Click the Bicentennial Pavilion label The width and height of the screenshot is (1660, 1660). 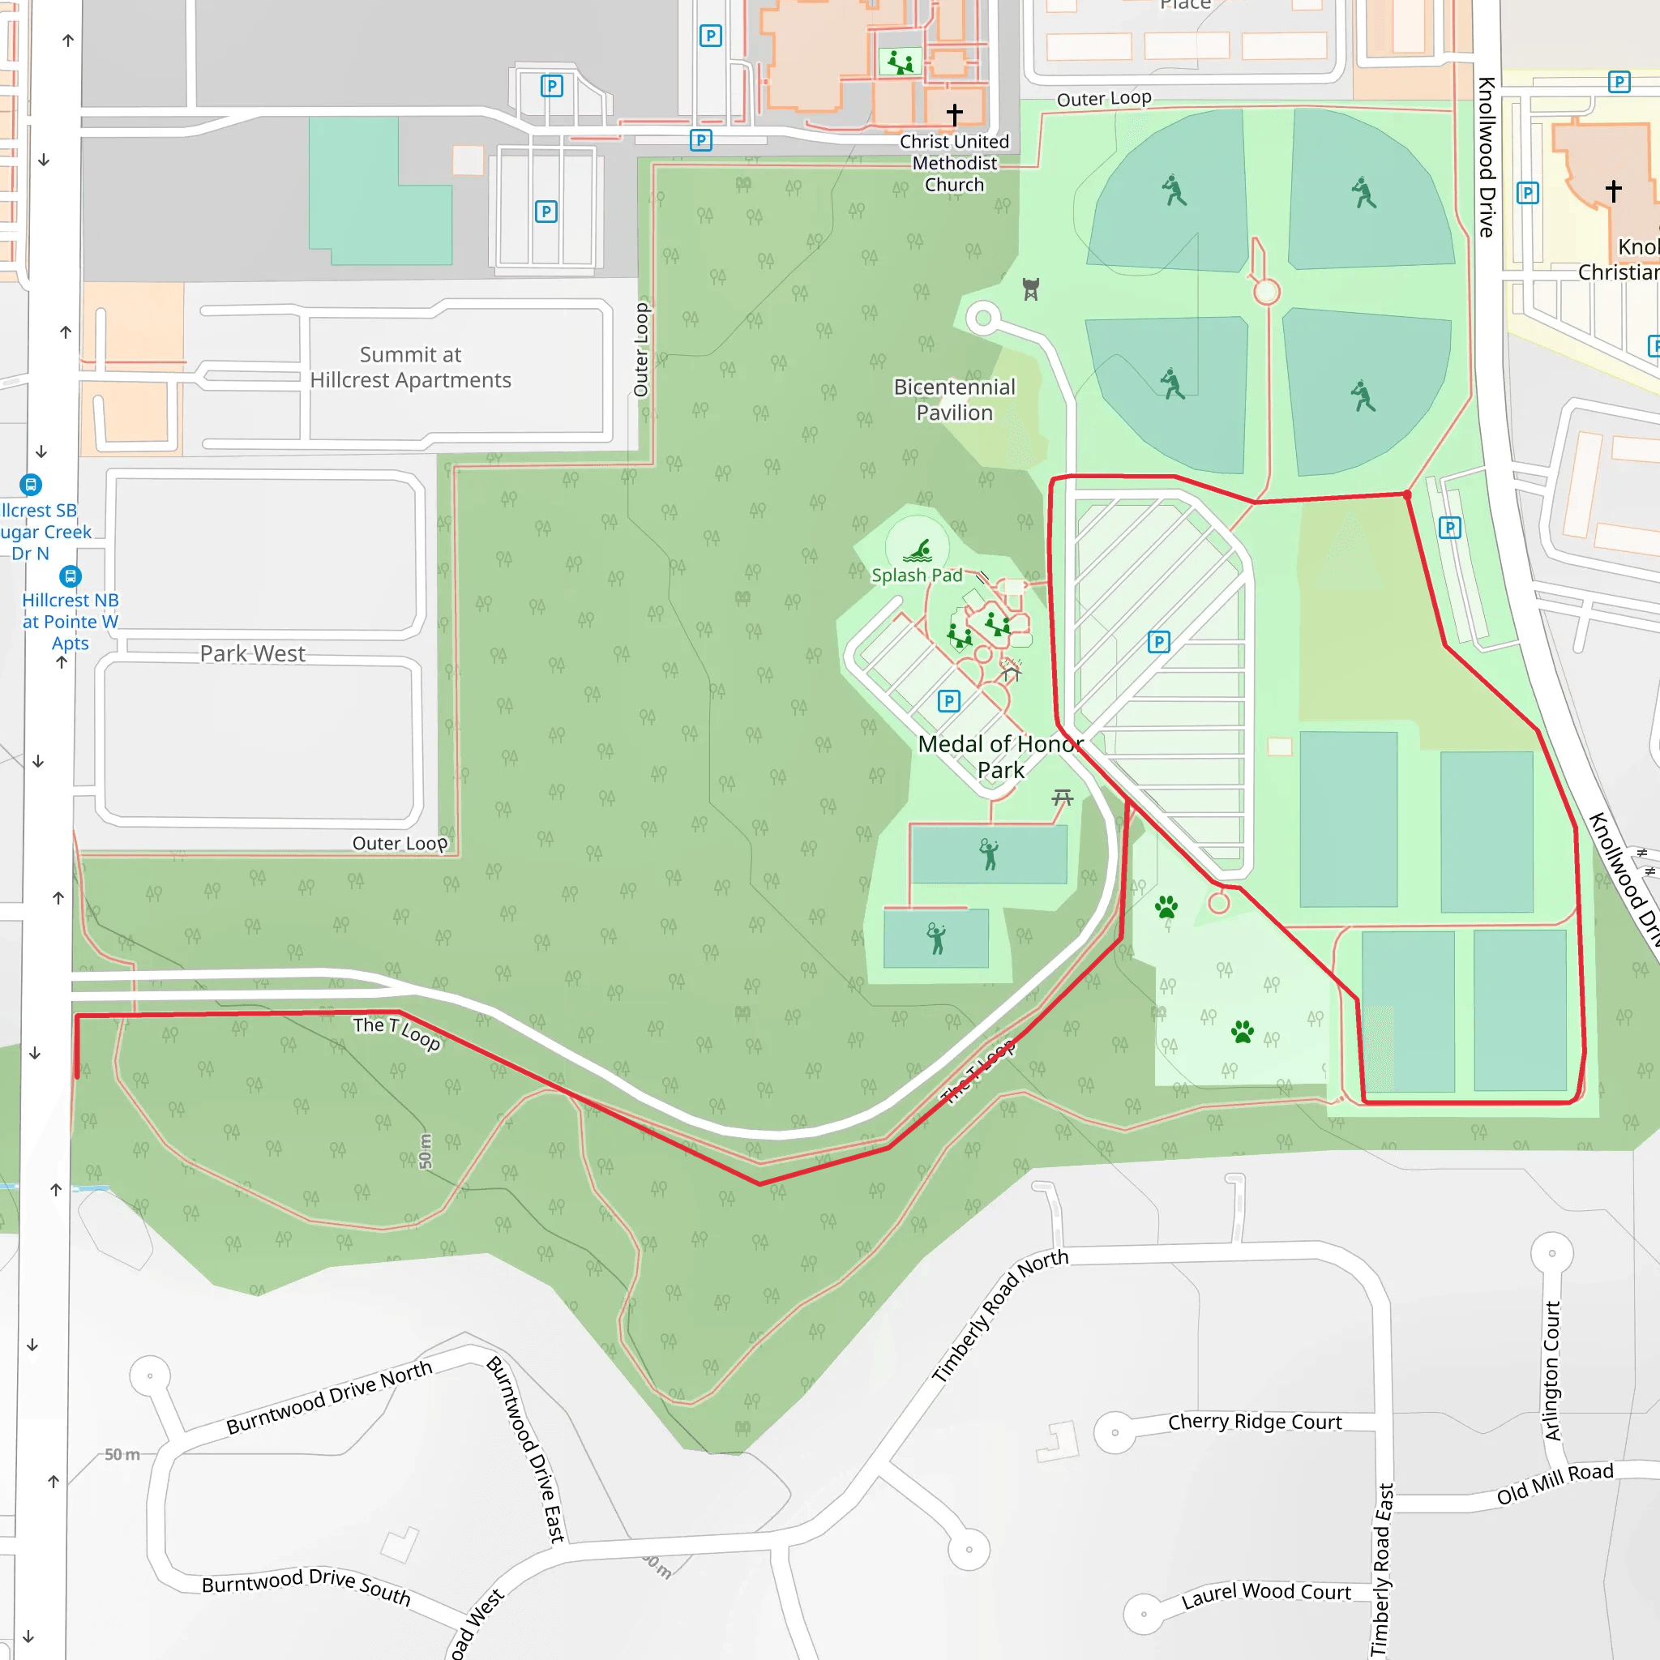click(954, 400)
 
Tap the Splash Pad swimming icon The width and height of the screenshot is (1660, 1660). click(918, 550)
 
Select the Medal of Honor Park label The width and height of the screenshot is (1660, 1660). click(1000, 756)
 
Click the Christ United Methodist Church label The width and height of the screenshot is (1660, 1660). click(954, 163)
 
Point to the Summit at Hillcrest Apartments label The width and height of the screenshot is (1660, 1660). click(410, 367)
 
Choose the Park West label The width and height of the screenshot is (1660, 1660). click(252, 654)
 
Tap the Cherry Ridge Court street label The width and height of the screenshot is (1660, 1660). click(1254, 1422)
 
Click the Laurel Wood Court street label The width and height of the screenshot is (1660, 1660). click(1265, 1594)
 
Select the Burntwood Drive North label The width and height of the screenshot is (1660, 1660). click(328, 1398)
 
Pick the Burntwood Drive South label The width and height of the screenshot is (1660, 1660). click(306, 1586)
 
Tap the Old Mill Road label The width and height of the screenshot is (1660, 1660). click(1555, 1484)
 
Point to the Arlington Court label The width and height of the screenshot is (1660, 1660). click(1551, 1371)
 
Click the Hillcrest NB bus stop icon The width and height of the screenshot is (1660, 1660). click(71, 575)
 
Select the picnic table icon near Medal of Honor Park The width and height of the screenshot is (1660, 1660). click(1063, 798)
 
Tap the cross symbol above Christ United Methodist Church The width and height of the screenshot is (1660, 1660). click(954, 113)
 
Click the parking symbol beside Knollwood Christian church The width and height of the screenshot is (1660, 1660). click(1527, 192)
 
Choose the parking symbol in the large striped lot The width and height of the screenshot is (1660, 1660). click(1158, 642)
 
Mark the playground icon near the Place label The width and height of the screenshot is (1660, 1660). click(900, 62)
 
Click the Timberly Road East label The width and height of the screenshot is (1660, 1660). click(1380, 1569)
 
